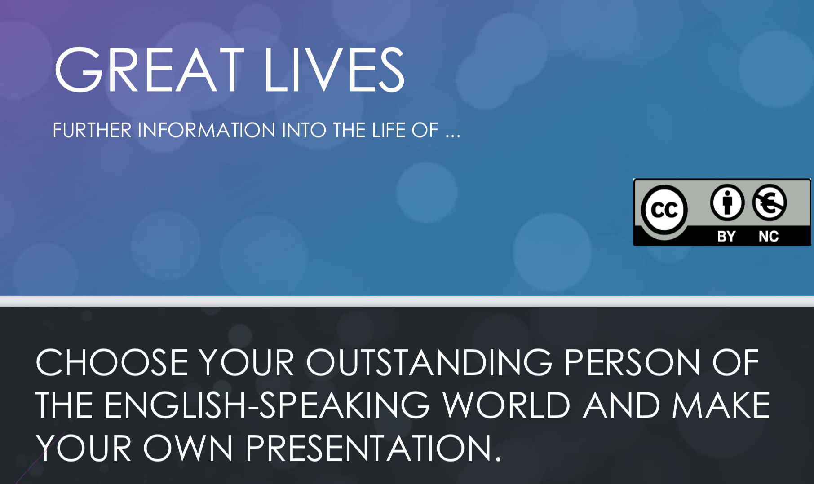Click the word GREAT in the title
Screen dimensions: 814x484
point(149,70)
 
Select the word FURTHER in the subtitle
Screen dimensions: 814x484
point(92,130)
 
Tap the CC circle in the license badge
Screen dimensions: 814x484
point(664,210)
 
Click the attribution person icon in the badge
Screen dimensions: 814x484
point(727,202)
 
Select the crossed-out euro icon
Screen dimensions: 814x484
point(770,202)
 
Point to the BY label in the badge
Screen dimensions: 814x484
point(726,237)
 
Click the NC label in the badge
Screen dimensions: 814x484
point(769,237)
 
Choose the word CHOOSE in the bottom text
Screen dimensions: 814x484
point(112,362)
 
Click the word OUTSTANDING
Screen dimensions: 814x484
point(429,362)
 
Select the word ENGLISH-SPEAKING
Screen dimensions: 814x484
point(267,405)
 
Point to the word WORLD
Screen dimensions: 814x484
point(506,405)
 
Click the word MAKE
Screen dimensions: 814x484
point(721,405)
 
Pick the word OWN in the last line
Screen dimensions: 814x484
point(188,448)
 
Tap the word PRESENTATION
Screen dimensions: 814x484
point(373,448)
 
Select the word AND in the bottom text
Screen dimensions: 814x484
point(622,405)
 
